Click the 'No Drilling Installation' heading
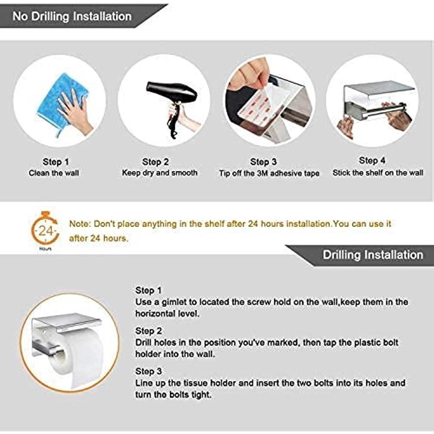coord(72,17)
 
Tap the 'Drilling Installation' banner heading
coord(373,255)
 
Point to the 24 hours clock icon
coord(45,228)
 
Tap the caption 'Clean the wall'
coord(54,173)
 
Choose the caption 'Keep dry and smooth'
coord(160,173)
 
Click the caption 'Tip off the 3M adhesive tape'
coord(269,173)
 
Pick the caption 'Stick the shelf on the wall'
coord(378,173)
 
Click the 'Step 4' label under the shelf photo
coord(372,160)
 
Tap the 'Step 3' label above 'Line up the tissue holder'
coord(149,371)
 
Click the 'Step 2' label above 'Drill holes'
coord(149,331)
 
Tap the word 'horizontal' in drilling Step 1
coord(151,314)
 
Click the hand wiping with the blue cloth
coord(74,111)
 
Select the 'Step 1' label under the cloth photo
coord(56,161)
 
